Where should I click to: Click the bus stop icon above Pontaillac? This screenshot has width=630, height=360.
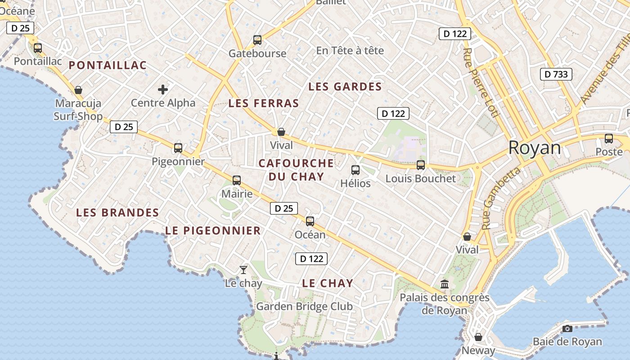[38, 48]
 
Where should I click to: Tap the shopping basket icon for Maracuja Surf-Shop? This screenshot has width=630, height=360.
[78, 90]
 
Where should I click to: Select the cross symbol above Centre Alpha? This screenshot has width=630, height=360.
[163, 90]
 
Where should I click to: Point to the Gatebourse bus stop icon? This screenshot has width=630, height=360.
[257, 40]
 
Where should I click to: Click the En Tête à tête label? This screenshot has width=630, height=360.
[350, 50]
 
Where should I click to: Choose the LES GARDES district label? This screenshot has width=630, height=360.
[345, 86]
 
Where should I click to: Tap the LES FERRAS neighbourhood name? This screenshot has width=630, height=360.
[264, 103]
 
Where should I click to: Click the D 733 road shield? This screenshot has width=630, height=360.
[556, 74]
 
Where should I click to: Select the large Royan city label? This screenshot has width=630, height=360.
[535, 148]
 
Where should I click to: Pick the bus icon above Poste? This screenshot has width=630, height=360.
[609, 139]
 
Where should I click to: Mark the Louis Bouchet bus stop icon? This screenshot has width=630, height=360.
[421, 165]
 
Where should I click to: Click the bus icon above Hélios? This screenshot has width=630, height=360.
[355, 170]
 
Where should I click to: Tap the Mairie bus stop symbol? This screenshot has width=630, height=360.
[237, 180]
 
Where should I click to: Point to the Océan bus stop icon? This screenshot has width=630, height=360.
[310, 221]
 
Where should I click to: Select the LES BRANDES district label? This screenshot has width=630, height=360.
[117, 212]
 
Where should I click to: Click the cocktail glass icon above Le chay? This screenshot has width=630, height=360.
[243, 270]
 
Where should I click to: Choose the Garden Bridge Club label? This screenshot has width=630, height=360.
[305, 306]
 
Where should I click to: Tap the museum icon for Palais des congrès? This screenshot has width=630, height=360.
[445, 284]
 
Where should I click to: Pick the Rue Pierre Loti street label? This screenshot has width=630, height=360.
[481, 83]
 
